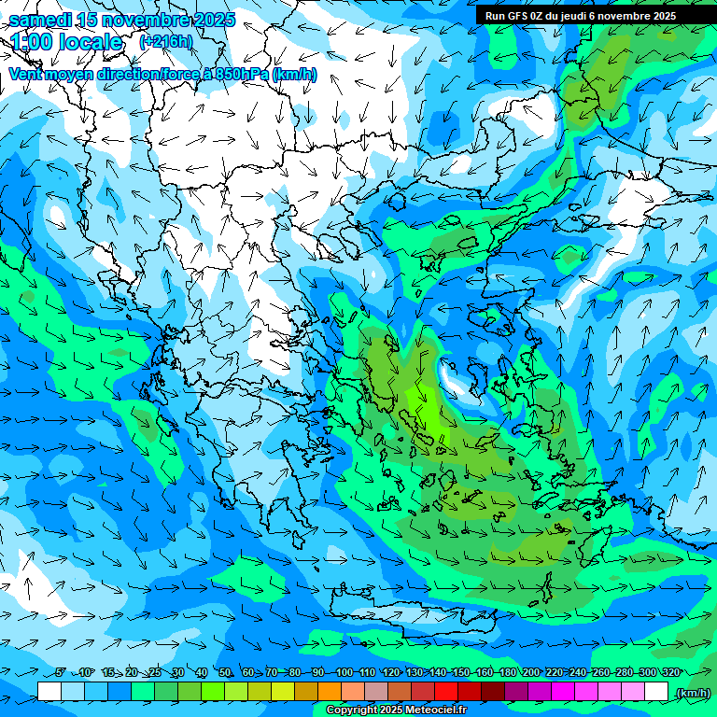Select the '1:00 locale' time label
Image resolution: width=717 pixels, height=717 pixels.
(x=67, y=43)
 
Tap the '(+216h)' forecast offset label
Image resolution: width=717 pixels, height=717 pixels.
(x=166, y=42)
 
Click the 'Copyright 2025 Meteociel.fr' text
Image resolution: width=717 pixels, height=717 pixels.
(x=396, y=710)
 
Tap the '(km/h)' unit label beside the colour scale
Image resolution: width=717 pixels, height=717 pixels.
(x=693, y=693)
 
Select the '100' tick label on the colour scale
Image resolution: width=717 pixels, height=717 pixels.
(x=344, y=673)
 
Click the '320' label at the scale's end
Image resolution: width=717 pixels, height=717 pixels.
(x=671, y=673)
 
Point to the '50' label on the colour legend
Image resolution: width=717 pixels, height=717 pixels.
(x=225, y=673)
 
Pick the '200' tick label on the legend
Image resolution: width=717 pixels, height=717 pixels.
(x=531, y=673)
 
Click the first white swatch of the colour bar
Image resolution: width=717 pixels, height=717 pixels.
(x=49, y=692)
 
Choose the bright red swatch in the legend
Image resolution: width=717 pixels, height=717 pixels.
(x=446, y=692)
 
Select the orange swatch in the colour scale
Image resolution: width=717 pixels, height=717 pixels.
(x=330, y=692)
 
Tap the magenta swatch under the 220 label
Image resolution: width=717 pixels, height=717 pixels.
(x=563, y=692)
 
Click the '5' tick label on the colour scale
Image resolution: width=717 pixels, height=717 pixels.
(x=61, y=673)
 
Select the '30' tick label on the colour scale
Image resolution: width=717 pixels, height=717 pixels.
(x=178, y=673)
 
